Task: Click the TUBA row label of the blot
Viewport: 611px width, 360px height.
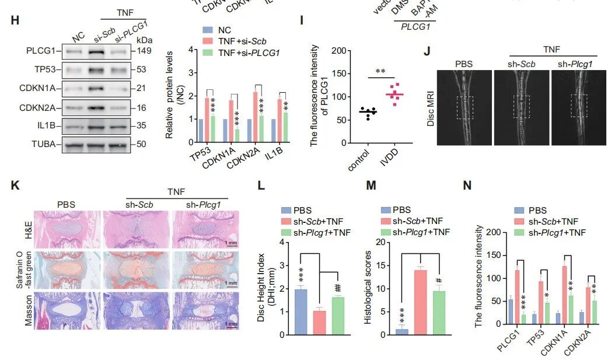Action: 47,143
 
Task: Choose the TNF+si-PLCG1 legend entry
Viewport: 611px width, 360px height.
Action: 248,53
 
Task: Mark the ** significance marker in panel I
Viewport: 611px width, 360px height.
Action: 380,72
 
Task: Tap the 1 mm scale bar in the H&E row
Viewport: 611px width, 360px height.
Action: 231,242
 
